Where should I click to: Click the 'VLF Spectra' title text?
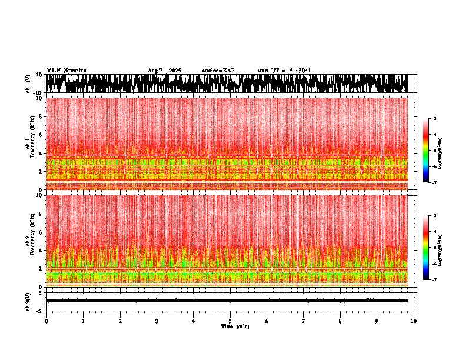tap(66, 71)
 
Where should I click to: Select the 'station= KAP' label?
tap(218, 71)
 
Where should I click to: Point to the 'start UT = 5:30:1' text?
tap(284, 71)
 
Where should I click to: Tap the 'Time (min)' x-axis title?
tap(235, 326)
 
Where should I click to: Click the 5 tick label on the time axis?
tap(230, 321)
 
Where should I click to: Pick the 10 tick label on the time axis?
tap(414, 321)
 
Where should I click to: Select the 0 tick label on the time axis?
tap(46, 321)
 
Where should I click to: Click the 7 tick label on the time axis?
tap(304, 321)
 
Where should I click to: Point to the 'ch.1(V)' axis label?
tap(28, 84)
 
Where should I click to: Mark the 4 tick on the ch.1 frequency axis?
tap(41, 154)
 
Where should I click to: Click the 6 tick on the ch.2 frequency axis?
tap(41, 232)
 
